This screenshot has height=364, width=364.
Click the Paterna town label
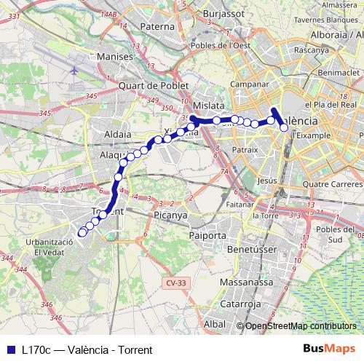(159, 27)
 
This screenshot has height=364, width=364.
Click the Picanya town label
(171, 215)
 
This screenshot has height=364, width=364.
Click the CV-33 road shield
(171, 282)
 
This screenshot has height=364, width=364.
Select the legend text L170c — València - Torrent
(87, 349)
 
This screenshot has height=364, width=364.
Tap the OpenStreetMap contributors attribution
(299, 327)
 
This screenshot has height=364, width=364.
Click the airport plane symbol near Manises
(76, 71)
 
